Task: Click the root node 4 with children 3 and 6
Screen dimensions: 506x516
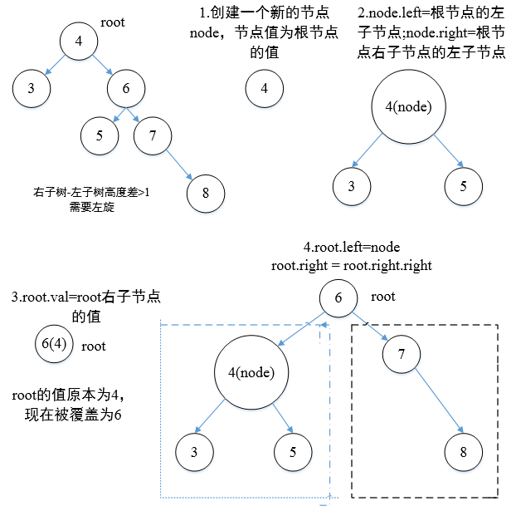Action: pyautogui.click(x=78, y=42)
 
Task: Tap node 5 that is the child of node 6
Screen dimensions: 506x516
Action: pyautogui.click(x=100, y=136)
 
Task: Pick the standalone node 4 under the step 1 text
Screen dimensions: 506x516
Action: pyautogui.click(x=264, y=90)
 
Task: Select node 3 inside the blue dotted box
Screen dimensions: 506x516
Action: pyautogui.click(x=194, y=452)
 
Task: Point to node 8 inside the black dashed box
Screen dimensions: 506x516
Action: pyautogui.click(x=463, y=452)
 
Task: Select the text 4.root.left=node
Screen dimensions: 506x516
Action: pyautogui.click(x=352, y=248)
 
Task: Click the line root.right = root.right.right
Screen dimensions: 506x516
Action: pyautogui.click(x=352, y=266)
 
